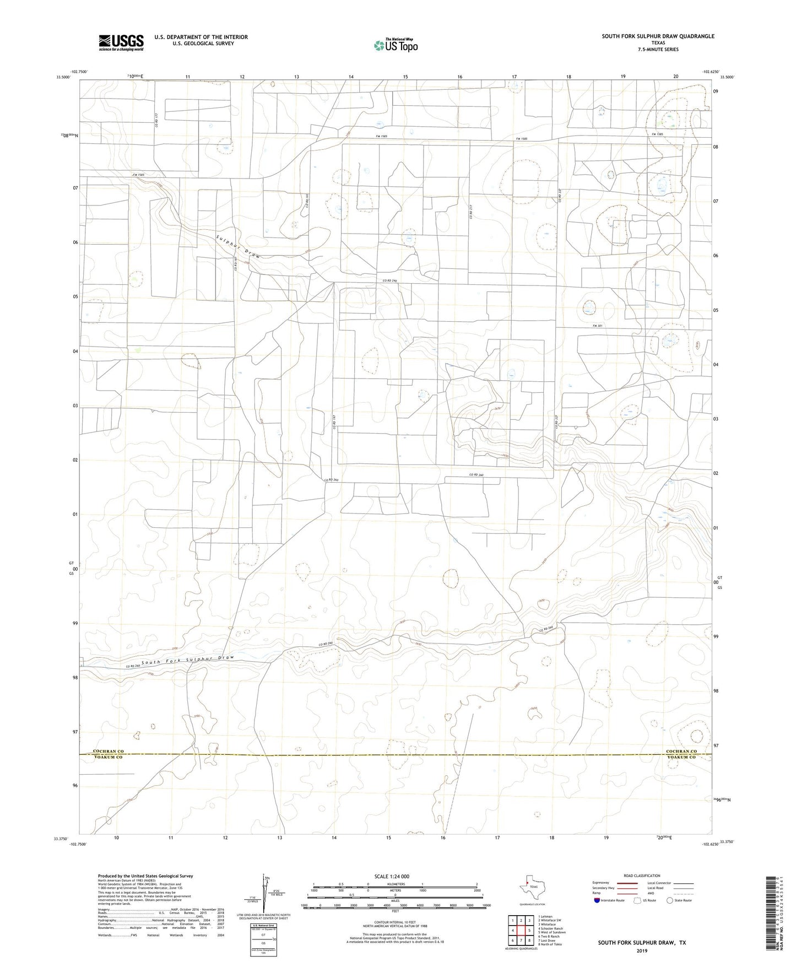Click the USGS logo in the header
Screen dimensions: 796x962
[121, 42]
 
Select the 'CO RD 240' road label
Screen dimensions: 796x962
[390, 282]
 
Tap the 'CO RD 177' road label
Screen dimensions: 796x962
[156, 121]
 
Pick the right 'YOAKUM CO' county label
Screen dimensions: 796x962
[681, 757]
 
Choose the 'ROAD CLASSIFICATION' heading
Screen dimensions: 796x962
[626, 875]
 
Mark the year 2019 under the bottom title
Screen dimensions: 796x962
[642, 950]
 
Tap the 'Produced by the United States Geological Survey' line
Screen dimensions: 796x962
[145, 875]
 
